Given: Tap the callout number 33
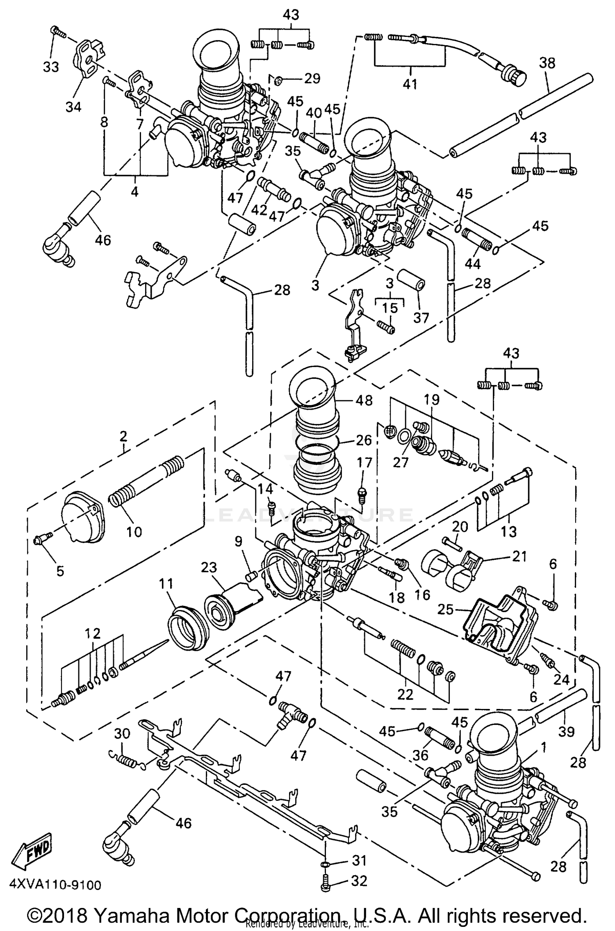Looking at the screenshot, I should [x=51, y=67].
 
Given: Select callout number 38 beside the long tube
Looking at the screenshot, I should [x=547, y=63].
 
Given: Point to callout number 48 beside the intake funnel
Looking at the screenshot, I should [x=364, y=401].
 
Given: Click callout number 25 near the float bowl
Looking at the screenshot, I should [x=446, y=609].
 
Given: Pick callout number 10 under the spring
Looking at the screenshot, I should [x=134, y=532].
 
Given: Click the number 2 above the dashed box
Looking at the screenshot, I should [x=123, y=436].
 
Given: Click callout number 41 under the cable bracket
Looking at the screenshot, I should [x=410, y=84].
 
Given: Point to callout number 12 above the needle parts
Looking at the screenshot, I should [x=93, y=633].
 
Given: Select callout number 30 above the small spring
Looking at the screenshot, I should [x=123, y=733].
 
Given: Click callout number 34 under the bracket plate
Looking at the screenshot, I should [x=73, y=107].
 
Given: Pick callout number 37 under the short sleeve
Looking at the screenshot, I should [x=421, y=317].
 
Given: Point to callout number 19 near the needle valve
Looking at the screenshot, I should [x=431, y=399].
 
